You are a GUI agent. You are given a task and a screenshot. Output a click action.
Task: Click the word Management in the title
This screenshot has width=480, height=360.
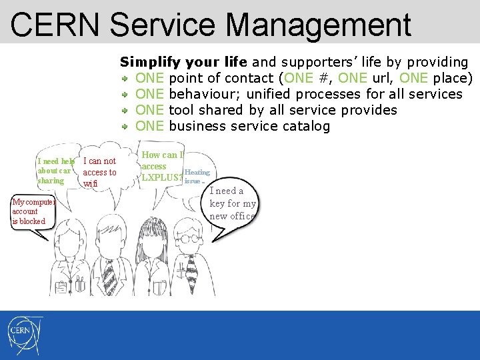click(319, 25)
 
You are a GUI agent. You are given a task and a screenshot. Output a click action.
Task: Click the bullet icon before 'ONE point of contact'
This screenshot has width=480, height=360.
click(125, 79)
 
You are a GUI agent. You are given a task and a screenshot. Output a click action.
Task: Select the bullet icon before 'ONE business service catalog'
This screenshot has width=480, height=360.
click(125, 127)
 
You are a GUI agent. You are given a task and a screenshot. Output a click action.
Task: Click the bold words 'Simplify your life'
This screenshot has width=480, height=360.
click(183, 62)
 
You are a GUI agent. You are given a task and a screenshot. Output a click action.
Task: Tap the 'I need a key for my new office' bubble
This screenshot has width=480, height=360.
click(232, 203)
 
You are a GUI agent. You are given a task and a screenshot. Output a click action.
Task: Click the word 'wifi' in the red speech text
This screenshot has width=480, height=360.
click(91, 183)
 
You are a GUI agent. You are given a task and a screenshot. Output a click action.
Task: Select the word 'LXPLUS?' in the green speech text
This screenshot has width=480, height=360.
click(161, 177)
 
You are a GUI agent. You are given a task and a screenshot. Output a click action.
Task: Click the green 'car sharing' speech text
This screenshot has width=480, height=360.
click(53, 176)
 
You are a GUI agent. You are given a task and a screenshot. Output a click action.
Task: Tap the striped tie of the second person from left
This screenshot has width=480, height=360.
click(108, 273)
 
